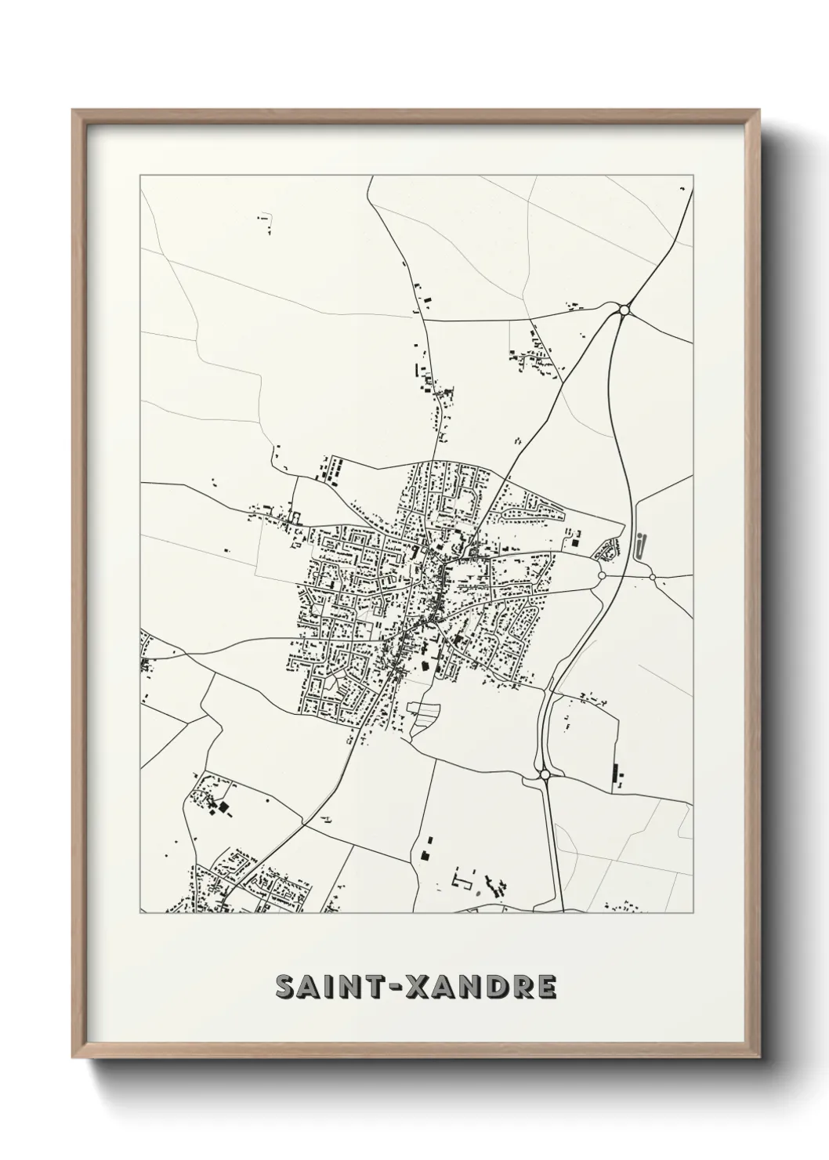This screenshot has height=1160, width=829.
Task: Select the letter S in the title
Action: [x=286, y=988]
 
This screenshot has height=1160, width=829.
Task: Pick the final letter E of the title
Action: [x=546, y=988]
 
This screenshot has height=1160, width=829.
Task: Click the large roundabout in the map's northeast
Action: [x=624, y=310]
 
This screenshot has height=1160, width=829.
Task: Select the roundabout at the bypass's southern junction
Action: [x=545, y=775]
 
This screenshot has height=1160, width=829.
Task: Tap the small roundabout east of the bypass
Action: [x=653, y=577]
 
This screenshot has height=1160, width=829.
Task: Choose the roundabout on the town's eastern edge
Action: [x=601, y=575]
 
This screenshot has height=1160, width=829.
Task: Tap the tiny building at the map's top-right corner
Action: [x=681, y=190]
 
